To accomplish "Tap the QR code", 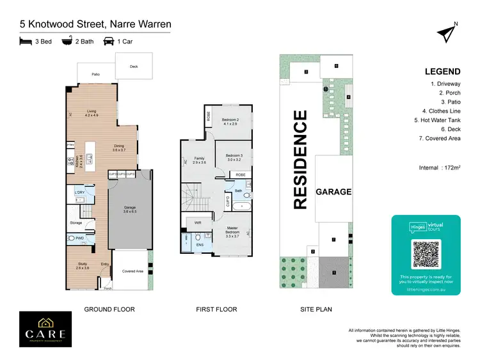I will tap(426, 254).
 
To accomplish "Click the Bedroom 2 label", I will tap(230, 121).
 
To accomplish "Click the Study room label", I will tap(83, 265).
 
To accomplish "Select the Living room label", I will tap(92, 113).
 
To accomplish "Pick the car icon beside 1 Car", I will tap(109, 41).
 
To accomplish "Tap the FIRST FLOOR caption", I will tap(216, 309).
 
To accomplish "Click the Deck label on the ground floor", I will tap(133, 66).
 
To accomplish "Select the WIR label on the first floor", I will tap(198, 223).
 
